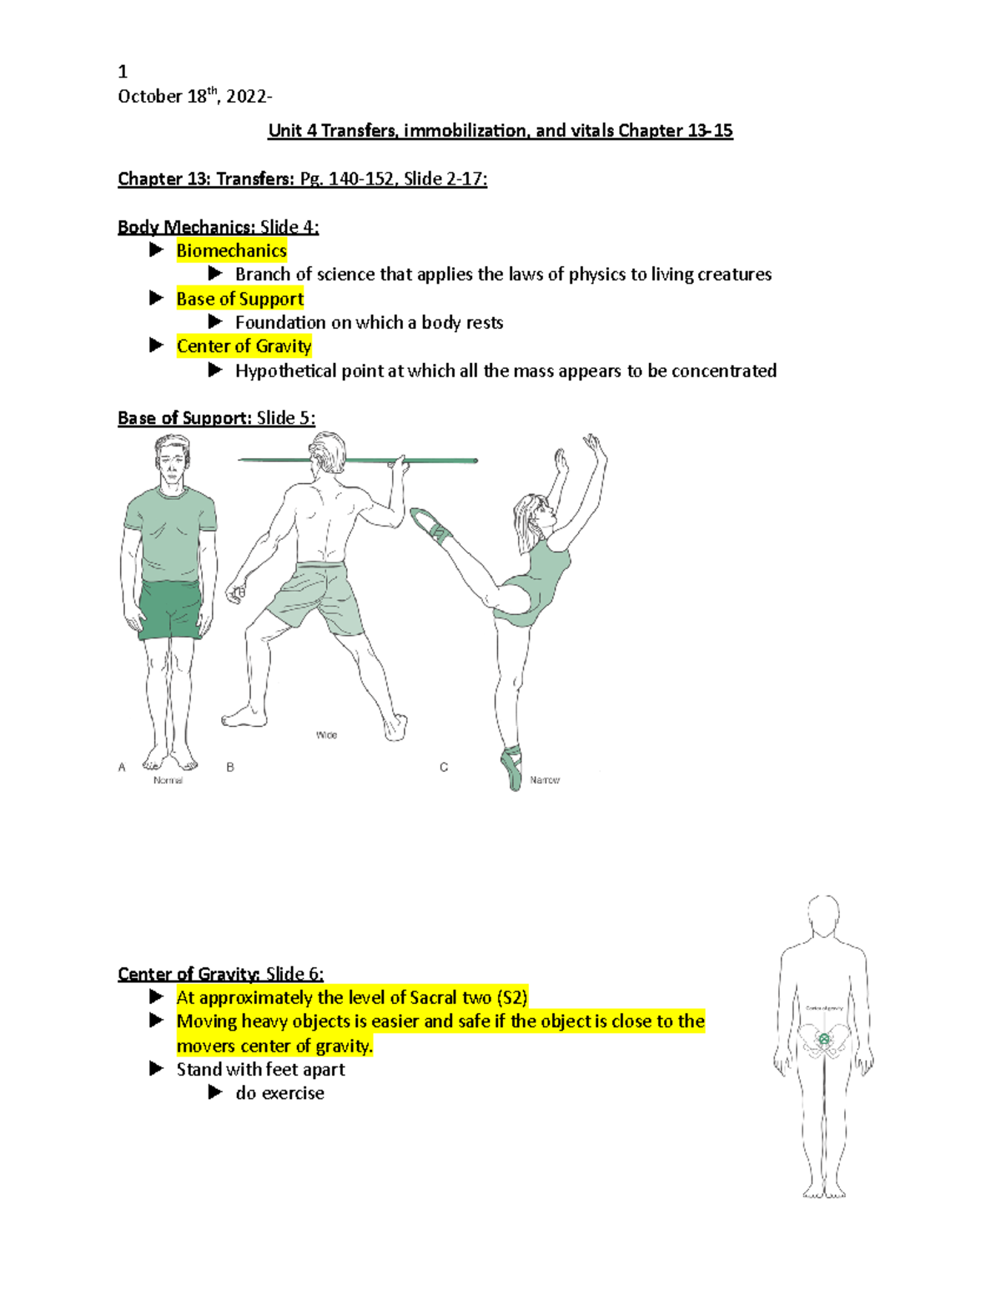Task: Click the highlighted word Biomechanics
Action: pos(231,250)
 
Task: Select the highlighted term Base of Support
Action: pos(239,299)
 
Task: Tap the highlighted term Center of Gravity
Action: pos(244,346)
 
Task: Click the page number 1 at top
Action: pos(123,72)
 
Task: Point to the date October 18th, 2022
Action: pos(194,96)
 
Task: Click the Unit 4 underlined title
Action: pos(500,131)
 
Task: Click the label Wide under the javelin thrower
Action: pos(326,735)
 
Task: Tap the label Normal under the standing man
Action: pos(168,780)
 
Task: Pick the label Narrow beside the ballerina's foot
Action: pos(545,780)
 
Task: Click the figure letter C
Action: pos(444,767)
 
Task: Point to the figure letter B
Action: pos(230,767)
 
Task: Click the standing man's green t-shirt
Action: pos(170,534)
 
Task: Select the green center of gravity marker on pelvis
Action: pos(824,1040)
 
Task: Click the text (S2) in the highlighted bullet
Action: pos(511,998)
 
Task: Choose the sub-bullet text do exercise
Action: pos(279,1093)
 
